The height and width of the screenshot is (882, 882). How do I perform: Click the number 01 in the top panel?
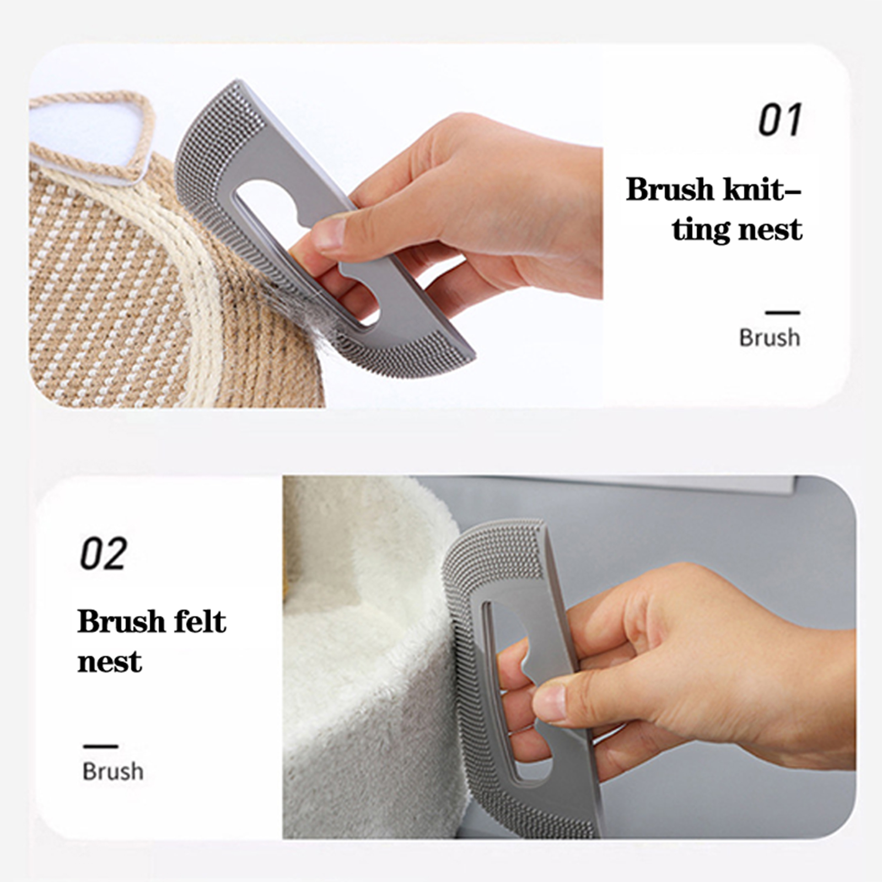(x=779, y=120)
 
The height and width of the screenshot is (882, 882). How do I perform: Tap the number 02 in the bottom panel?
(x=104, y=553)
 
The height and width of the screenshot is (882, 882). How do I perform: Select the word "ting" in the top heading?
(x=701, y=230)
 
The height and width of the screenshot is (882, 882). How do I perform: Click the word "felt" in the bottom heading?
(x=200, y=621)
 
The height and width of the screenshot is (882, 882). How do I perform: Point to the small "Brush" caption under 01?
(x=770, y=337)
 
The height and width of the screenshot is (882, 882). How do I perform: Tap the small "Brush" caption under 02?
(x=113, y=771)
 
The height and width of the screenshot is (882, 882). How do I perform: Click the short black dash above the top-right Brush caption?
(x=783, y=313)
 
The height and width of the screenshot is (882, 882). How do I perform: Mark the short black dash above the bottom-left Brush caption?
(x=101, y=746)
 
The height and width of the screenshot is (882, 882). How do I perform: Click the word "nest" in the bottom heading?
(x=110, y=661)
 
